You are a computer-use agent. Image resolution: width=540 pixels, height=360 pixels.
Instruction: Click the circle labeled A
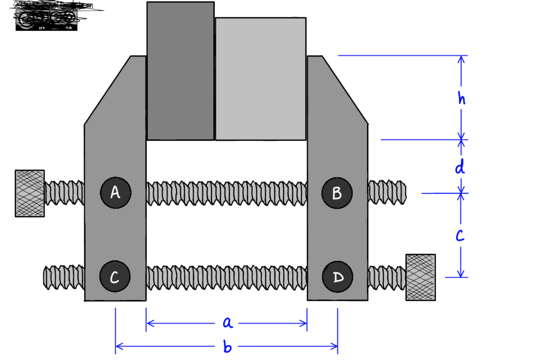116,193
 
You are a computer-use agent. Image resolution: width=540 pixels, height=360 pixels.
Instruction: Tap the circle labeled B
337,193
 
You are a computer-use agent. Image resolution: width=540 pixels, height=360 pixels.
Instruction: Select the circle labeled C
115,276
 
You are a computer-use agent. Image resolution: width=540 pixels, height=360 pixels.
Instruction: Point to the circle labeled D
337,277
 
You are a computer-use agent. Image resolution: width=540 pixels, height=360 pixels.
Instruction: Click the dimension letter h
461,98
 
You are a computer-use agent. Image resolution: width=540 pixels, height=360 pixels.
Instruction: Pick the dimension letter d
460,167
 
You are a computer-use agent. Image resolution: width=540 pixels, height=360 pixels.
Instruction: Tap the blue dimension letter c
460,235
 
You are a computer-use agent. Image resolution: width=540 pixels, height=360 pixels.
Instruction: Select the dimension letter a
227,322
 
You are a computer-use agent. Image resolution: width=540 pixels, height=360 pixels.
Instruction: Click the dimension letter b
227,347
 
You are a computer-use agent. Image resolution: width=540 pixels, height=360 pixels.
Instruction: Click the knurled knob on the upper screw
30,193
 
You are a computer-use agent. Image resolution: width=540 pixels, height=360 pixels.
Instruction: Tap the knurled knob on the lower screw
421,277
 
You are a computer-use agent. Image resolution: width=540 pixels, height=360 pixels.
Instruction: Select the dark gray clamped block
180,71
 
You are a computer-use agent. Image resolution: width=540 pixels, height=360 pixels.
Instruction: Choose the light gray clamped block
261,79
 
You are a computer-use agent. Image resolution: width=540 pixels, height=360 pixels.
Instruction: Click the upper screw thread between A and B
227,193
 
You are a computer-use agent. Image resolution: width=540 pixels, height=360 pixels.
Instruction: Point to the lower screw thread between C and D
227,277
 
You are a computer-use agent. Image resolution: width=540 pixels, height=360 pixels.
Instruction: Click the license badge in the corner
47,20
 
